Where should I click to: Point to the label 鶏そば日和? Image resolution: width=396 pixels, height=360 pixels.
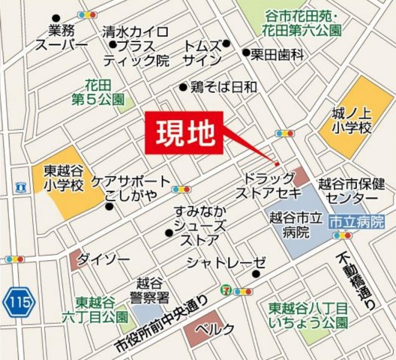point(223,86)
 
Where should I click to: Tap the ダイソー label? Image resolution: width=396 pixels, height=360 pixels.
point(99,259)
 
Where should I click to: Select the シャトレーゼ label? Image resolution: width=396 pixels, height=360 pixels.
point(226,262)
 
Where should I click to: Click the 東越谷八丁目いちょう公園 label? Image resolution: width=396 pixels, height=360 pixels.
point(308,314)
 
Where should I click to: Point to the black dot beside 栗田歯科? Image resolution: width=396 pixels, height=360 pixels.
point(246,53)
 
